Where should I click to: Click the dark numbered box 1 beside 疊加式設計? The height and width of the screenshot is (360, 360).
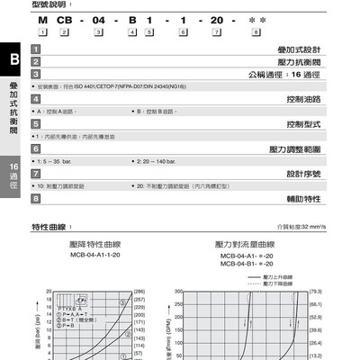35,49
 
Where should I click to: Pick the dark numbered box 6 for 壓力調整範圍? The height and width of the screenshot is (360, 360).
35,148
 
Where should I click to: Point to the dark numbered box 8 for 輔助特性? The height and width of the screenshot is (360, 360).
35,197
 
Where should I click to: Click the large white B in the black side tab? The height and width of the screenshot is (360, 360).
12,58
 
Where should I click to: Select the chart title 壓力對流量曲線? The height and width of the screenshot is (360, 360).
245,245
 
